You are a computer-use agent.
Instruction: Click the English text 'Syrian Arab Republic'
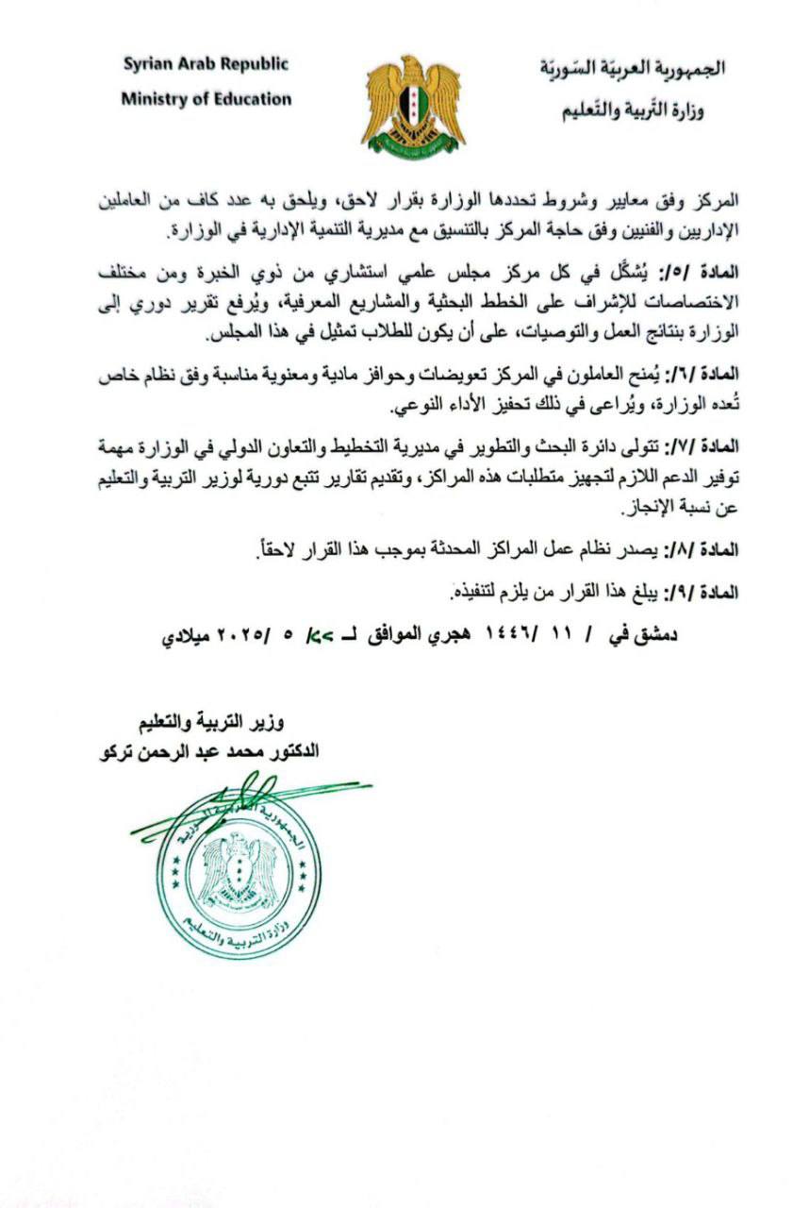[206, 65]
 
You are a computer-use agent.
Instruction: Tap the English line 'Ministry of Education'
[206, 98]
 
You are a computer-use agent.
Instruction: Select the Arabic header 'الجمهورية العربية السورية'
[633, 69]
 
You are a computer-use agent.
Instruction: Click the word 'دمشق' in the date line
[654, 635]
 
